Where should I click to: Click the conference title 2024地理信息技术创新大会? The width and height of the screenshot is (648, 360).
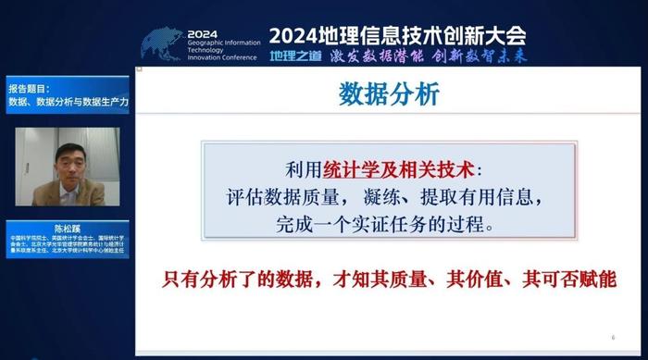[x=397, y=36]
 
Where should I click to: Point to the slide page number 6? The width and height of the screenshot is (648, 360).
[x=613, y=337]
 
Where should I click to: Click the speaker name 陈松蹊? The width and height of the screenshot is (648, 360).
[x=65, y=226]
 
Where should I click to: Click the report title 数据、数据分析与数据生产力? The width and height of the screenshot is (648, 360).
[x=67, y=101]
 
